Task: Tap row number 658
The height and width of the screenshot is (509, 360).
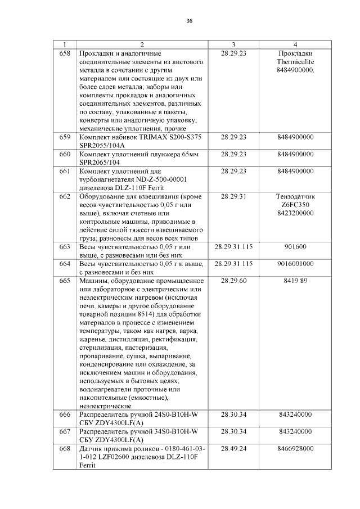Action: coord(65,53)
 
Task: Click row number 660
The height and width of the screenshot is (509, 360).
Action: coord(65,154)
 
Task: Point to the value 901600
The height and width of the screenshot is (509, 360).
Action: coord(295,246)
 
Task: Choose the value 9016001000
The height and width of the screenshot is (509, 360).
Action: coord(295,263)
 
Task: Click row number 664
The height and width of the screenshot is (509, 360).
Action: coord(65,263)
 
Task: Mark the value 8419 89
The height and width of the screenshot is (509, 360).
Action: coord(295,280)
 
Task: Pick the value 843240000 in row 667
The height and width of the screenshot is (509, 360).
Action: coord(295,431)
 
